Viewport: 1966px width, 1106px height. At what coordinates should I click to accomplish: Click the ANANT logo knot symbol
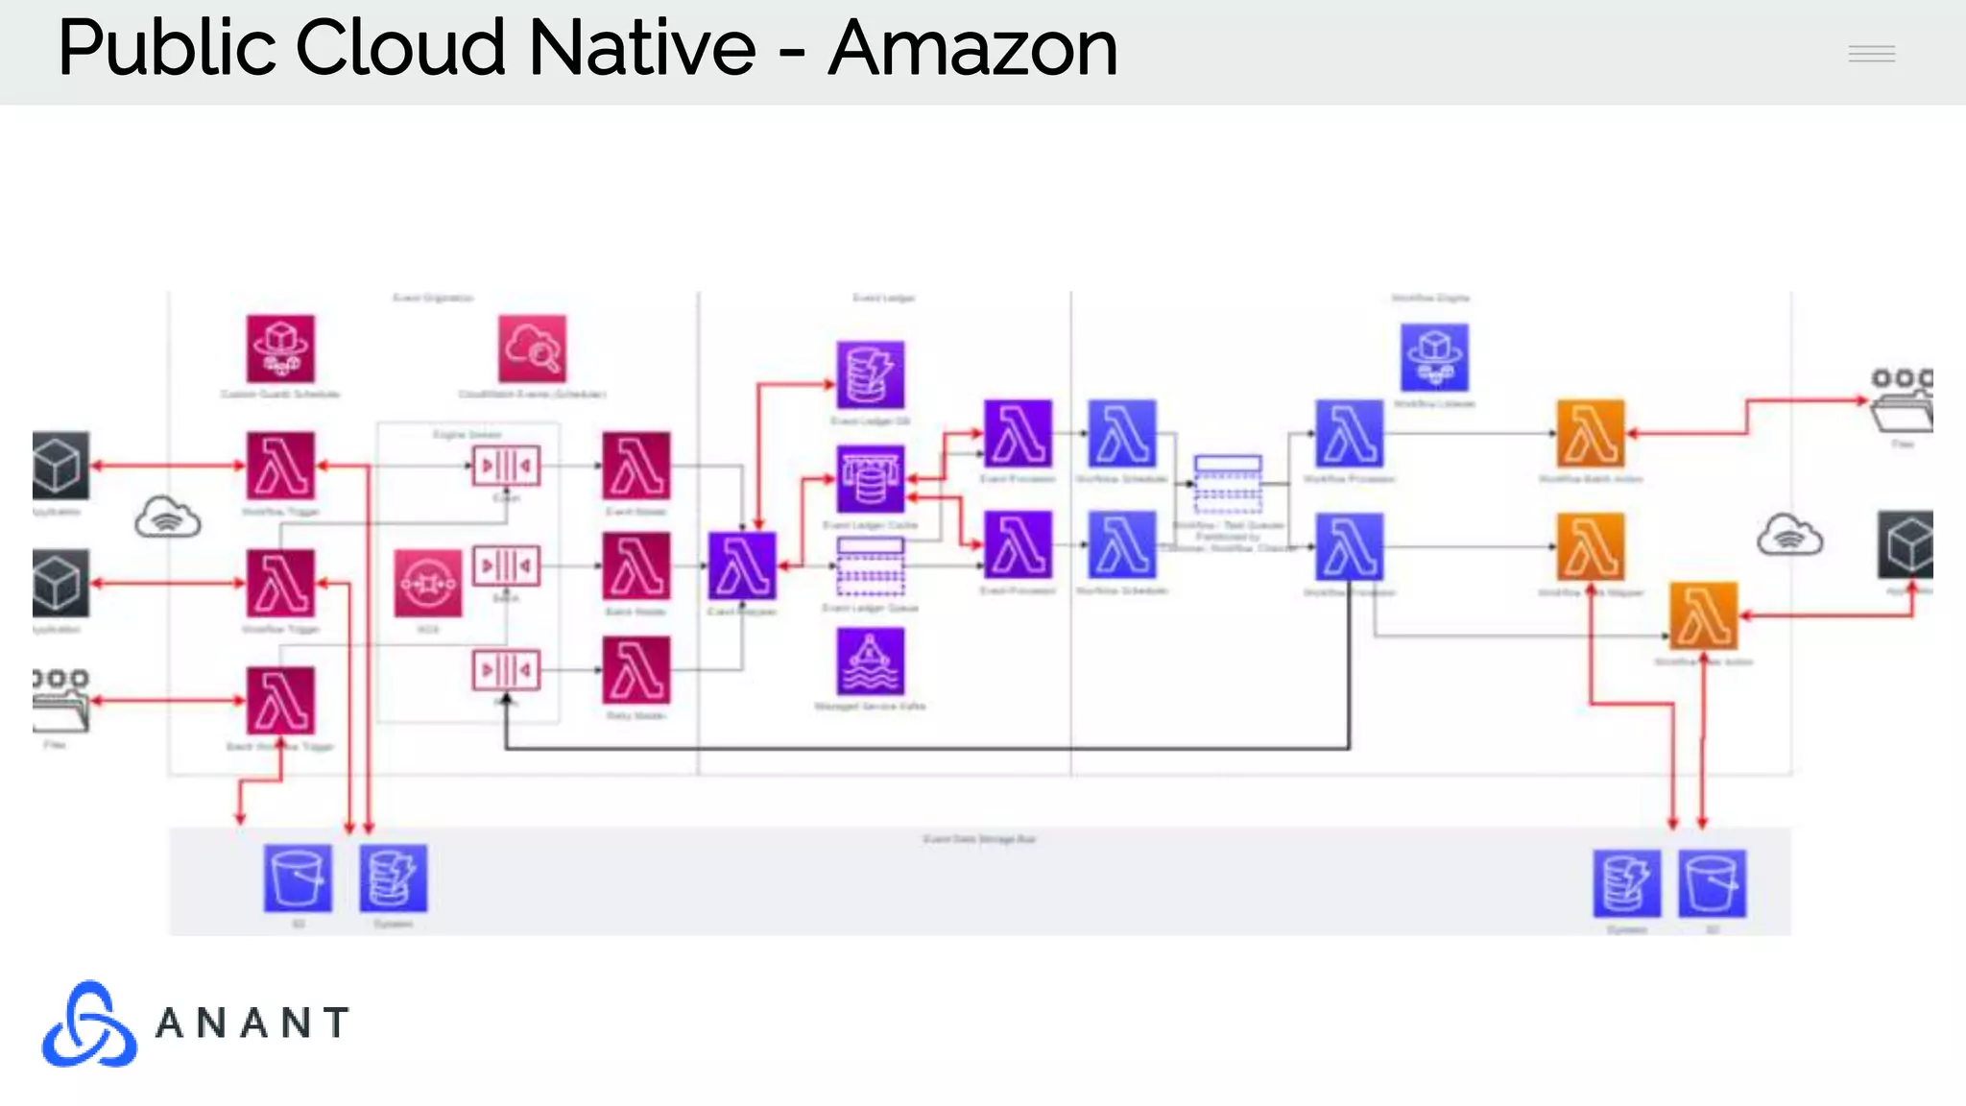point(88,1024)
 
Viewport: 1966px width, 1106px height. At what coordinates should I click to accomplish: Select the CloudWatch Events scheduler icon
point(532,349)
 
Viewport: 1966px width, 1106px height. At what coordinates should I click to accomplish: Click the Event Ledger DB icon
point(870,374)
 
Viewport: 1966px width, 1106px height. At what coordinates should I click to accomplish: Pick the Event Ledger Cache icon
point(870,478)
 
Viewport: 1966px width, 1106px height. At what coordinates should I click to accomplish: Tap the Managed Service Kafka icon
point(870,661)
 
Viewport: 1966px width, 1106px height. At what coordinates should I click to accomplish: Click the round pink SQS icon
point(427,583)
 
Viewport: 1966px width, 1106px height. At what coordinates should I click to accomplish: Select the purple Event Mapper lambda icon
point(742,565)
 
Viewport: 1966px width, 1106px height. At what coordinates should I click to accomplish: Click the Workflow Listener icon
point(1434,357)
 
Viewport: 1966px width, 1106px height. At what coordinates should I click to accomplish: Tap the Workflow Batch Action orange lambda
point(1591,434)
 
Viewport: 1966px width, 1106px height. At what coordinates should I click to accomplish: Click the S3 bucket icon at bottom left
point(298,878)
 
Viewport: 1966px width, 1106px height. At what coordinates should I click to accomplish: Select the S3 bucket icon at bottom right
point(1712,883)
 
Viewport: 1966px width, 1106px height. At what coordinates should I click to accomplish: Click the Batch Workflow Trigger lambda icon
point(280,701)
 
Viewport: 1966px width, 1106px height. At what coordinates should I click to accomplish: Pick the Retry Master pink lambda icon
point(635,670)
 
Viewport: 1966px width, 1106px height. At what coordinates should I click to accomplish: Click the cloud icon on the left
point(167,517)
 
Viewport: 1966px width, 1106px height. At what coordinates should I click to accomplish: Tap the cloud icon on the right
point(1789,535)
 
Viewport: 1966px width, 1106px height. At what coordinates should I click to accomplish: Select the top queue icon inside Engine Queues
point(506,466)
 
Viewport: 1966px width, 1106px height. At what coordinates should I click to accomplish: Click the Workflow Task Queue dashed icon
point(1228,484)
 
